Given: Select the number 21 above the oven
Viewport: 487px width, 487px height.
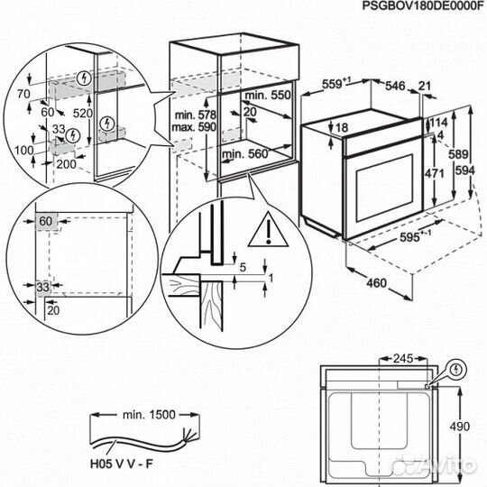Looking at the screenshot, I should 427,87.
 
